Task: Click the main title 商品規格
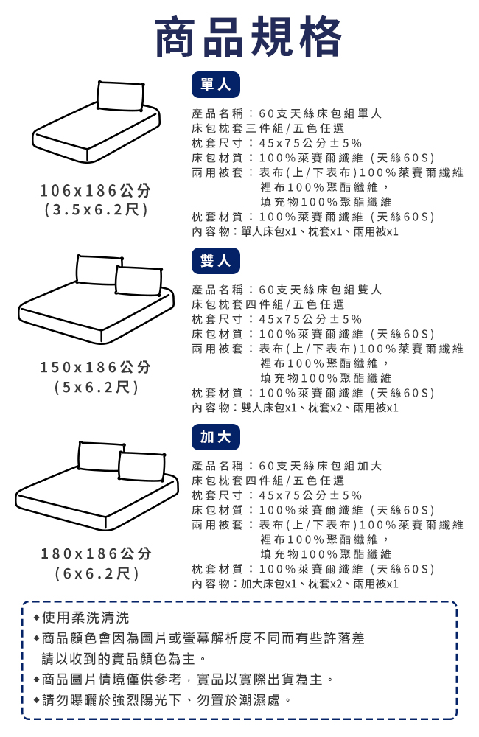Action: point(248,37)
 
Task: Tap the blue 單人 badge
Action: point(216,85)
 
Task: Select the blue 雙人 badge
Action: point(216,261)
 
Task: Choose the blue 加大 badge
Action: point(216,437)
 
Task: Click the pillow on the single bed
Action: point(120,97)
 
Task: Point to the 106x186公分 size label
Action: point(95,190)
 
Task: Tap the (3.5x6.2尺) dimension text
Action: point(96,209)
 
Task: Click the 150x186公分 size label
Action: point(95,366)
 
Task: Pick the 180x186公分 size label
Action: point(96,553)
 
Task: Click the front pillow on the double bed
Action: point(139,281)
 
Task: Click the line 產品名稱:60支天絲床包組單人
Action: point(287,113)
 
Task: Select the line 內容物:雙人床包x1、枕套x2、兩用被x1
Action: point(296,408)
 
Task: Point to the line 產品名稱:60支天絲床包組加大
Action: point(287,466)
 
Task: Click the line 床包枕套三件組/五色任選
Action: point(268,128)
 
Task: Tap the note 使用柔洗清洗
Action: point(81,618)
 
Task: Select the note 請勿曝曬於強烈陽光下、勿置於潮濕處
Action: point(163,700)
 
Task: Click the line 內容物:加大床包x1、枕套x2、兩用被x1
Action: point(296,584)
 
